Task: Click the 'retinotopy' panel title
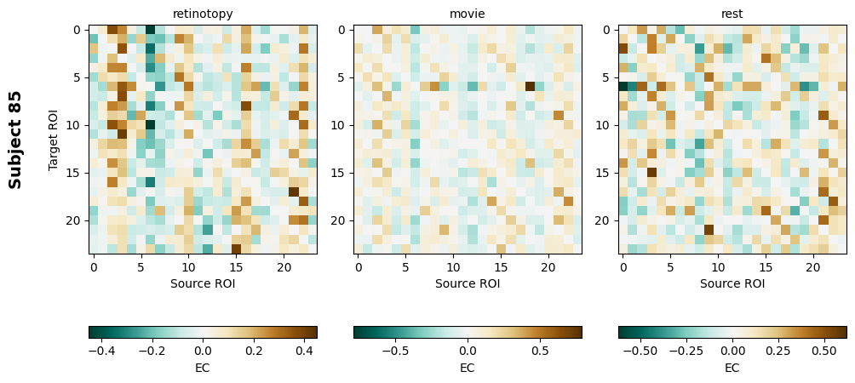[x=203, y=14]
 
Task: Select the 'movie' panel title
[x=468, y=14]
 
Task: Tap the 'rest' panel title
[x=732, y=14]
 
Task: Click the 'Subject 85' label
[x=15, y=140]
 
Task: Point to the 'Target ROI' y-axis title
[x=54, y=140]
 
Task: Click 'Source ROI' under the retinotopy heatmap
[x=203, y=283]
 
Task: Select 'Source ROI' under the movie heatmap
[x=468, y=283]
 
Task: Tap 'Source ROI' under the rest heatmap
[x=732, y=283]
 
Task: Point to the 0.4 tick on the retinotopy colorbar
[x=304, y=350]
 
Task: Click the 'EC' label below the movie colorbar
[x=468, y=368]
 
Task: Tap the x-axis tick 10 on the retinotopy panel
[x=188, y=266]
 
